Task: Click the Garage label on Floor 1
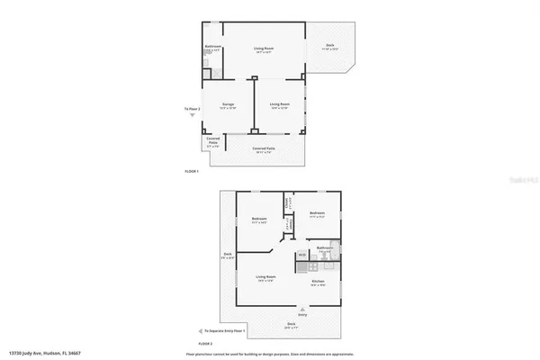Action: click(229, 105)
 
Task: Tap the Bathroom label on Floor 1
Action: click(213, 47)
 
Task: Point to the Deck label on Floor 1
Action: click(330, 47)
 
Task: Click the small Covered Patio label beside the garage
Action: click(213, 140)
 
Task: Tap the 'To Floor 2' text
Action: click(193, 110)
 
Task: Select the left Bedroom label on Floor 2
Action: click(259, 219)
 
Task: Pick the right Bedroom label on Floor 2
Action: click(316, 214)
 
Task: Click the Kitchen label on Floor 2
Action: click(318, 282)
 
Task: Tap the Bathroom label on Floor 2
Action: click(325, 247)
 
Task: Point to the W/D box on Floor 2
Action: click(302, 256)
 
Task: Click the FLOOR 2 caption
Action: click(205, 343)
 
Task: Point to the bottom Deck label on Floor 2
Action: click(291, 324)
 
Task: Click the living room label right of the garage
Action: click(280, 105)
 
